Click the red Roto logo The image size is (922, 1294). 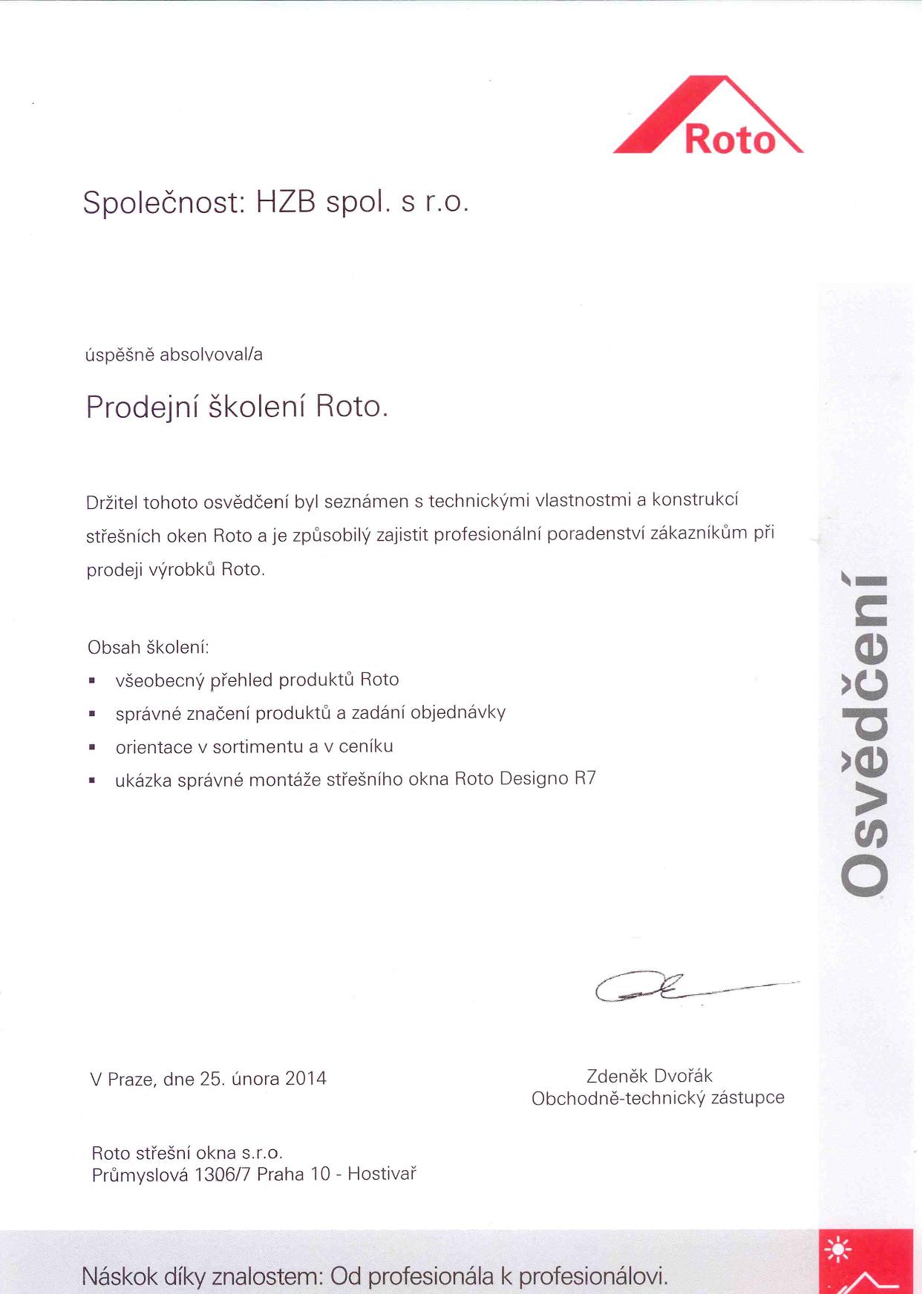pyautogui.click(x=709, y=119)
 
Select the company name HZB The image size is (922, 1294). pyautogui.click(x=286, y=202)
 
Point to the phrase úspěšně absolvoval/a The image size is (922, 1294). pyautogui.click(x=174, y=355)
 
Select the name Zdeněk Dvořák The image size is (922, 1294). pyautogui.click(x=649, y=1076)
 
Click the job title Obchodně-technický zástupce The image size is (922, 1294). pyautogui.click(x=658, y=1098)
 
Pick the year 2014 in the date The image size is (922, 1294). pyautogui.click(x=305, y=1079)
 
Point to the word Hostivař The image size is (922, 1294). pyautogui.click(x=382, y=1174)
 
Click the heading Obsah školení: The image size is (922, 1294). pyautogui.click(x=148, y=648)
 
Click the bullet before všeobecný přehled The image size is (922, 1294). pyautogui.click(x=92, y=680)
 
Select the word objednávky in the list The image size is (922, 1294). pyautogui.click(x=458, y=713)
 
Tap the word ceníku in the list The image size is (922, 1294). pyautogui.click(x=365, y=746)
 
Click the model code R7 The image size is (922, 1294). pyautogui.click(x=585, y=779)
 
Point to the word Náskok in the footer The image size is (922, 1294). pyautogui.click(x=120, y=1276)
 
